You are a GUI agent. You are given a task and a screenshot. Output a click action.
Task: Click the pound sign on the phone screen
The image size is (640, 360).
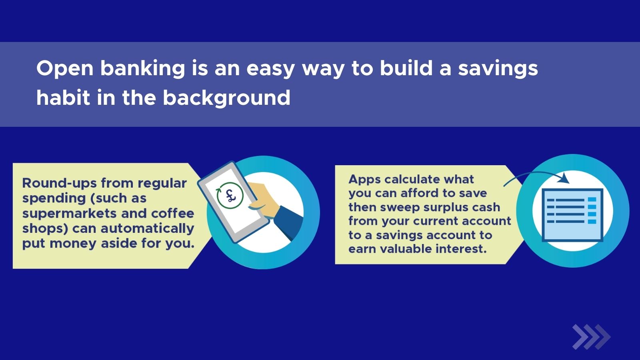(x=230, y=196)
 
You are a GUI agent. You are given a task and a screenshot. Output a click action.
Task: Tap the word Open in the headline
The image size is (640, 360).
(x=65, y=68)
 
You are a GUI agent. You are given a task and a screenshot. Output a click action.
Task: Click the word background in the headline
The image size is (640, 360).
(x=226, y=98)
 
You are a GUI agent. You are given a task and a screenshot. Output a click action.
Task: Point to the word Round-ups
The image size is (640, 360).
(x=59, y=183)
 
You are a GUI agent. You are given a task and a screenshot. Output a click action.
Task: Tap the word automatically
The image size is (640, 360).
(x=147, y=228)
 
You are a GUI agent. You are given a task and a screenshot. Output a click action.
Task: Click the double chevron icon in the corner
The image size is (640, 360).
(x=591, y=337)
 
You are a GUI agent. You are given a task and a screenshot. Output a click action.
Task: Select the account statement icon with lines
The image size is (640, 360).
(x=572, y=214)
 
